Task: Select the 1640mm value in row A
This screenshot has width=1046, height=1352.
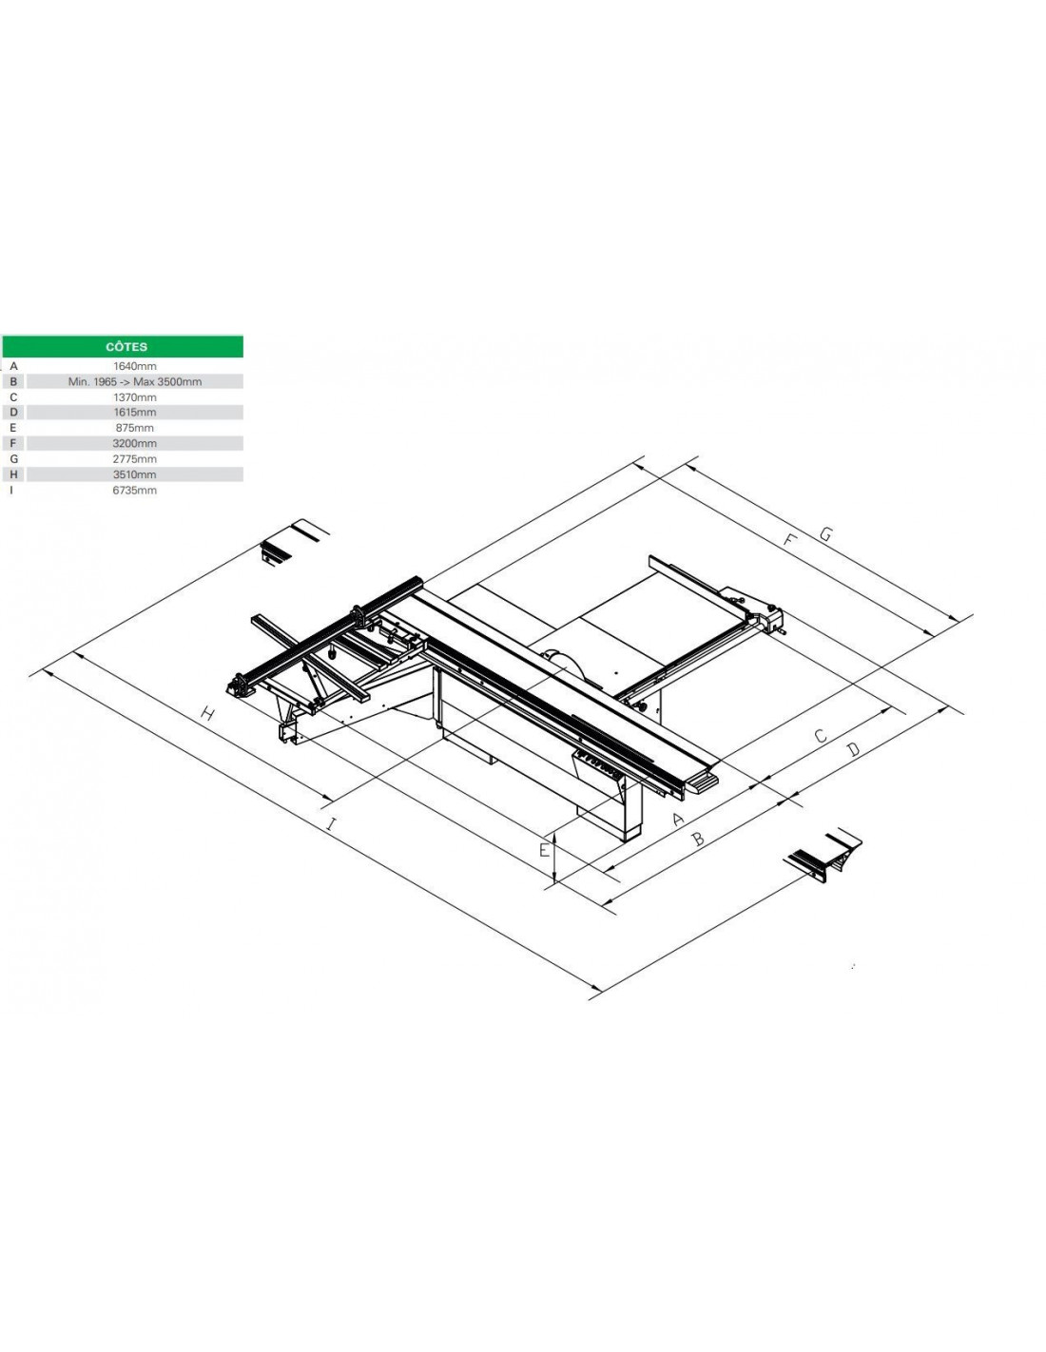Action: click(134, 366)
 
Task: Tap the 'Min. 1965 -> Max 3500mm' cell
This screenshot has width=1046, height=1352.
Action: click(134, 381)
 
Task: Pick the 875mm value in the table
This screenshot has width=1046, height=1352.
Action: click(134, 428)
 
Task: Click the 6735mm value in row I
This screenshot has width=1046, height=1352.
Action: click(134, 490)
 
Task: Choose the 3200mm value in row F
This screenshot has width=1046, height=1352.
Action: click(134, 443)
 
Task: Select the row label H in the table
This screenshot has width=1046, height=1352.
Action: click(13, 474)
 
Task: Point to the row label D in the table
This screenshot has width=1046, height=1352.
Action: click(13, 412)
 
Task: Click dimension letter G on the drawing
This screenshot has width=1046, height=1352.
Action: click(825, 533)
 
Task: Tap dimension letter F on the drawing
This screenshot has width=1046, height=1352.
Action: click(789, 540)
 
